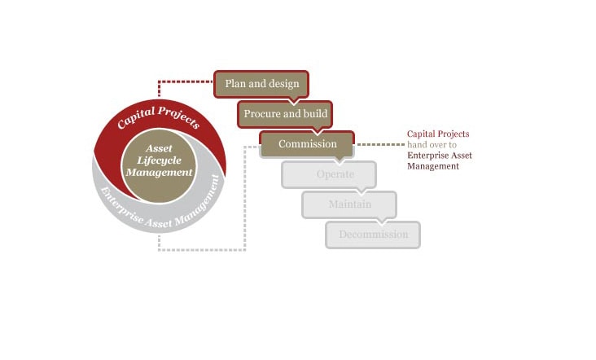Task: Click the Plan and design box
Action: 262,83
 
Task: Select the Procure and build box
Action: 285,114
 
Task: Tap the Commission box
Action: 307,144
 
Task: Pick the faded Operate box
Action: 329,174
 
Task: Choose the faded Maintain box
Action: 349,204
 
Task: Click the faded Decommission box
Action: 373,235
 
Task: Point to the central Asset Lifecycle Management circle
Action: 159,160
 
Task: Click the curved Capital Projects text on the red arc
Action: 158,116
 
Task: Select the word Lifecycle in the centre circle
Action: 159,160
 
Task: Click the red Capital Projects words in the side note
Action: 438,134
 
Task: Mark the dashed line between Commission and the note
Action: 379,145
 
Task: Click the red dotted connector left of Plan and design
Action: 183,81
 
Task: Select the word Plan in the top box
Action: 235,83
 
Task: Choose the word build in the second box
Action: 314,114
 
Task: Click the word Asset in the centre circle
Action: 159,149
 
